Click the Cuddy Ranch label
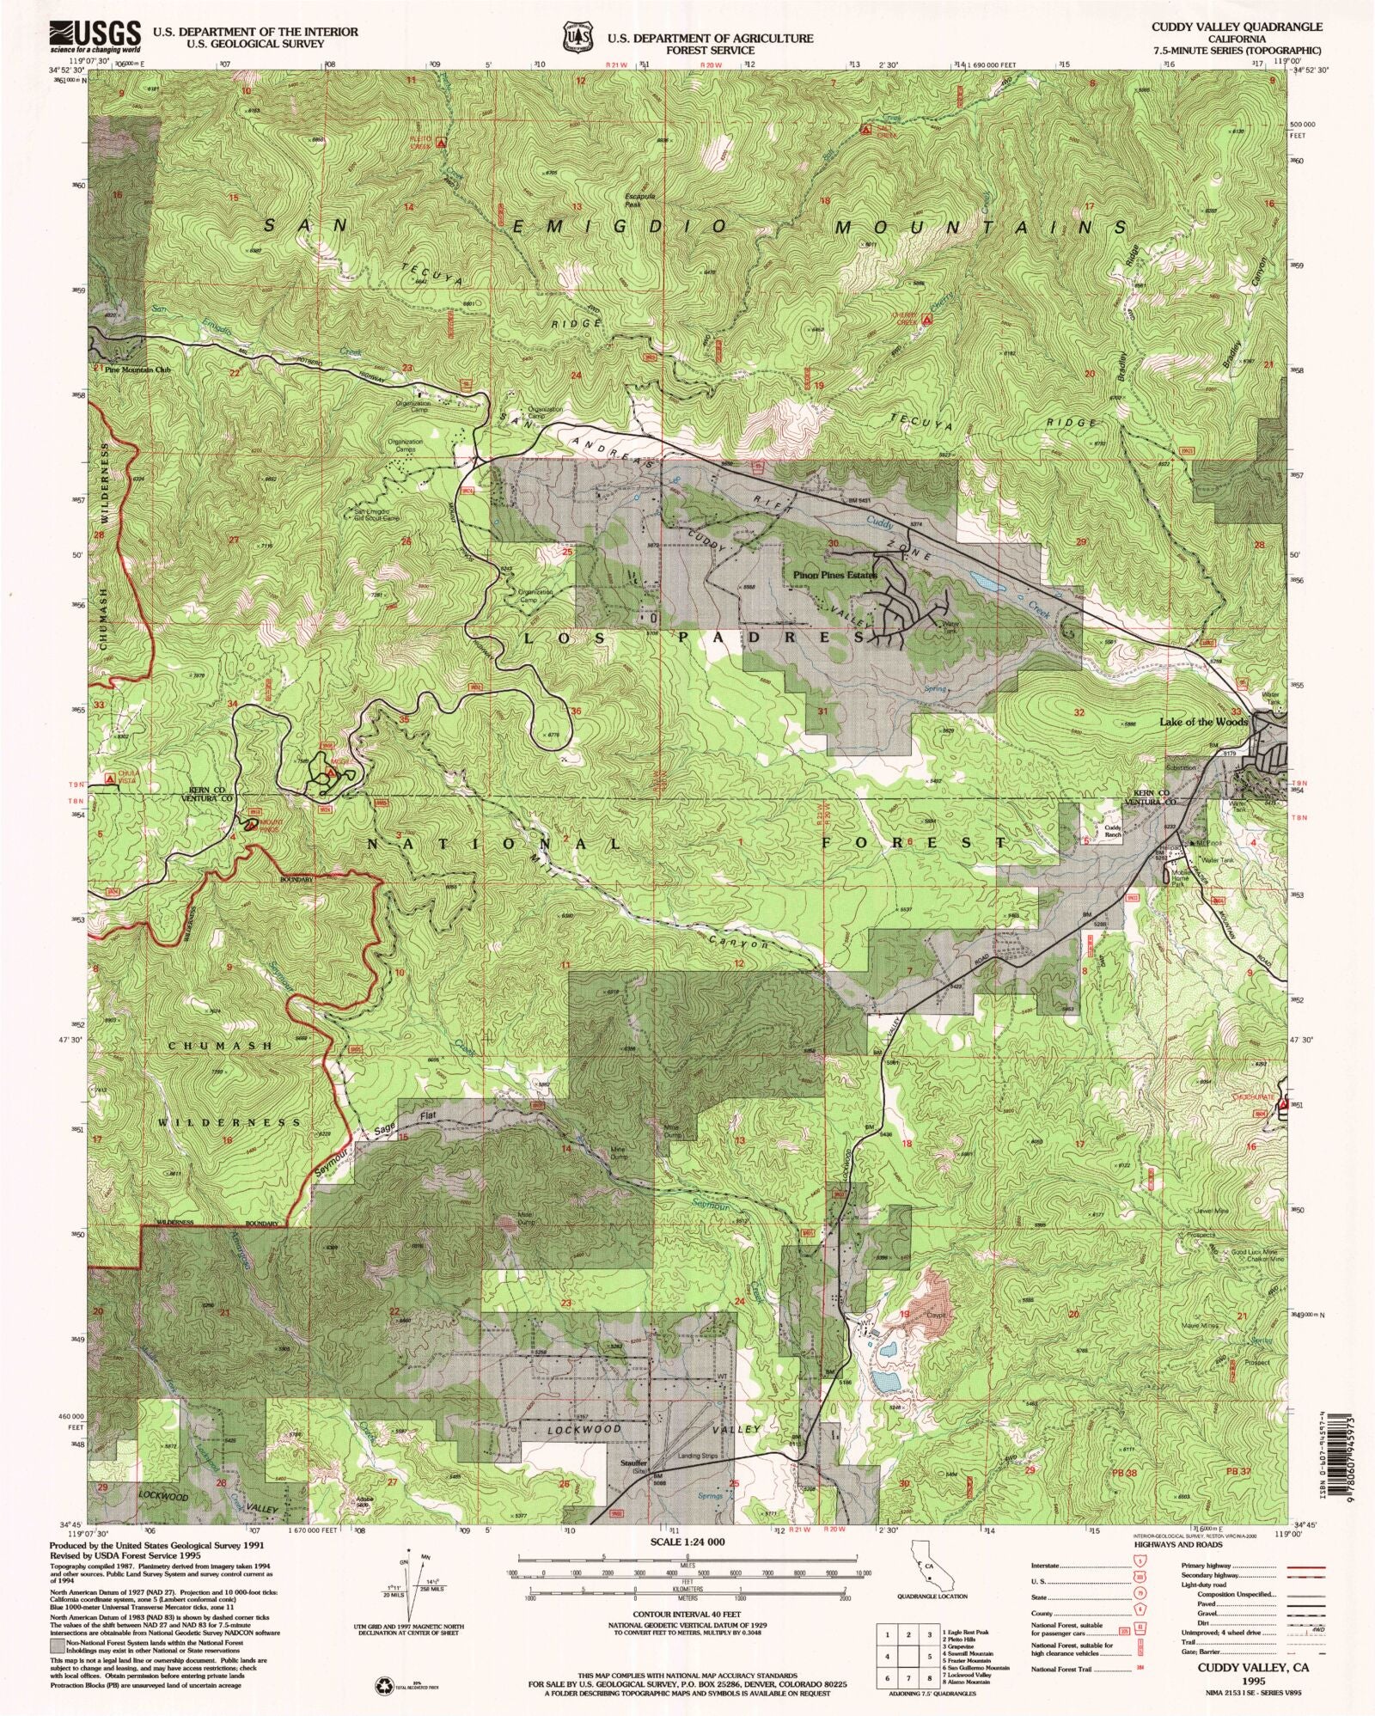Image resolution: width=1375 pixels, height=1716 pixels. pos(1113,832)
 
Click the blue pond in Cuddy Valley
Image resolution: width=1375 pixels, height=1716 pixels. pos(988,584)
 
